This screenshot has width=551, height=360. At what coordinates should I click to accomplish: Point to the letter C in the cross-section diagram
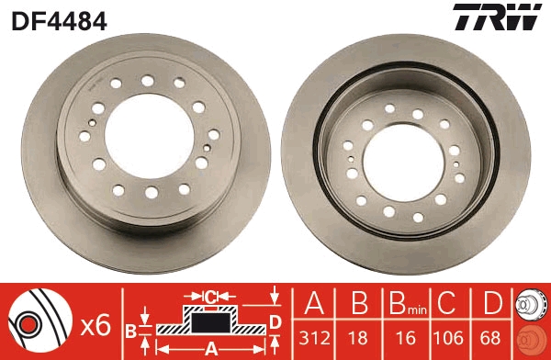209,298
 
